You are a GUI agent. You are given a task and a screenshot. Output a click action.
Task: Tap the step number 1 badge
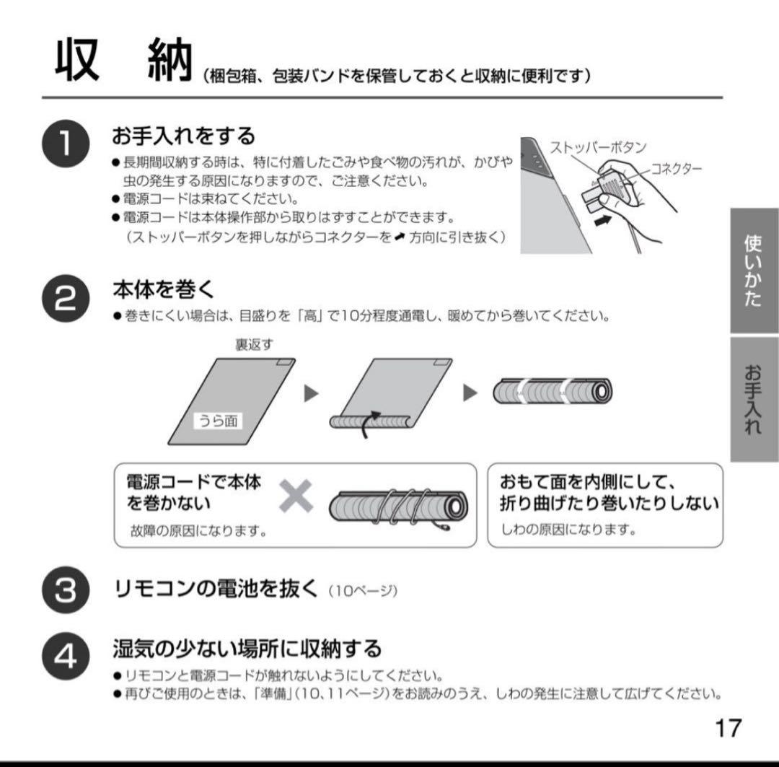[x=65, y=145]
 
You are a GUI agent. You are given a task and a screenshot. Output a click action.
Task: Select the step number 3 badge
[x=65, y=590]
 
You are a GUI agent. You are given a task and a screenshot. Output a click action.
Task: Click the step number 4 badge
[x=65, y=659]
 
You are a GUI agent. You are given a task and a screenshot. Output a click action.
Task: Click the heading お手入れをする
[x=184, y=135]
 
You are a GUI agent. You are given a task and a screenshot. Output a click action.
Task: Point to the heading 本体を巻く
[x=163, y=289]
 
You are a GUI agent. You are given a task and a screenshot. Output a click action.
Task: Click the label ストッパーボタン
[x=598, y=147]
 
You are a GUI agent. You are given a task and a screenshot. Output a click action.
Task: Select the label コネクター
[x=676, y=169]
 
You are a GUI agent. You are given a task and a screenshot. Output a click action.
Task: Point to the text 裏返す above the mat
[x=254, y=345]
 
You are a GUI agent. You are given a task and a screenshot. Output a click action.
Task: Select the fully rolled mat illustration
[x=552, y=391]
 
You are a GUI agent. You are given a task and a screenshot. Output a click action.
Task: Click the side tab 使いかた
[x=754, y=271]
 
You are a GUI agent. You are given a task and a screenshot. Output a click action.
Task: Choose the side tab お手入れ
[x=754, y=399]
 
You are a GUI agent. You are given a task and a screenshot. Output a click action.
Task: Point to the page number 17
[x=728, y=727]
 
